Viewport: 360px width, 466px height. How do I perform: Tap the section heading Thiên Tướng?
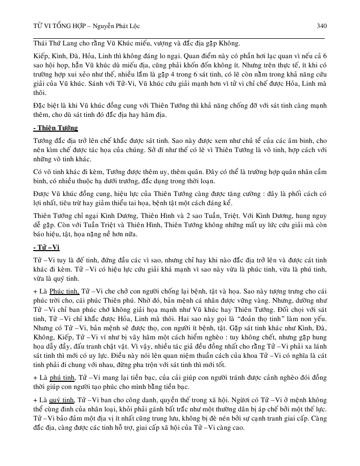tap(57, 128)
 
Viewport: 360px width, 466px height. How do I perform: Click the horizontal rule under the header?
tap(179, 38)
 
